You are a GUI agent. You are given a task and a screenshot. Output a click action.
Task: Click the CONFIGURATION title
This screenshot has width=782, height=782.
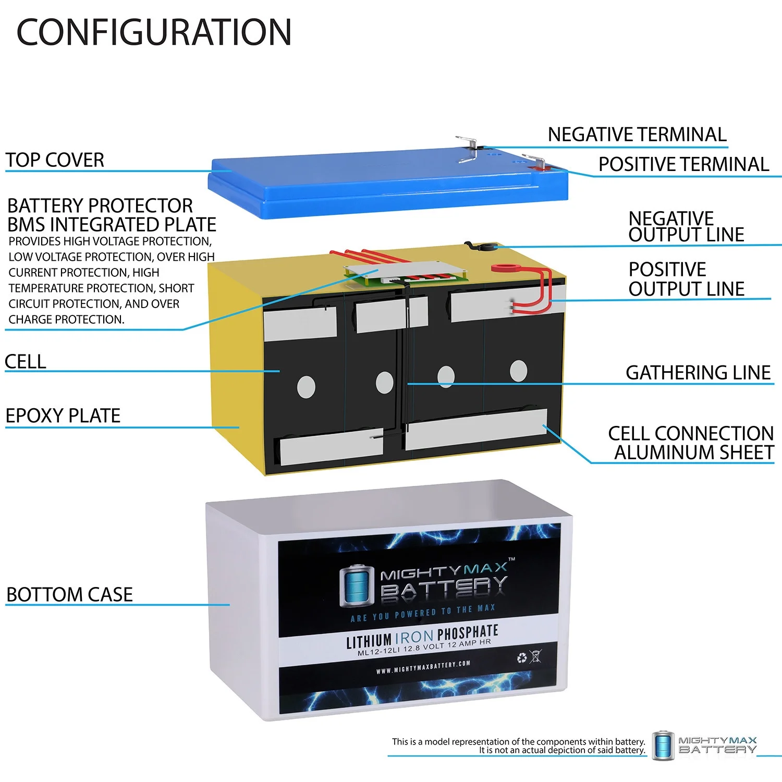(154, 32)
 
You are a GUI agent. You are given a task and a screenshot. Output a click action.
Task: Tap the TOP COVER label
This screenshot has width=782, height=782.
(55, 160)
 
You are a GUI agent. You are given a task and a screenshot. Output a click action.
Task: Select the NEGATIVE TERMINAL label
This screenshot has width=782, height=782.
(637, 135)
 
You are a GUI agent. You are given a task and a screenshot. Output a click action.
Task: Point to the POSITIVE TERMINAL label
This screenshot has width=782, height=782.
(683, 164)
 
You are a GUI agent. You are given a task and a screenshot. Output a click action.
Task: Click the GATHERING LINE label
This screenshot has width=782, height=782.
(698, 372)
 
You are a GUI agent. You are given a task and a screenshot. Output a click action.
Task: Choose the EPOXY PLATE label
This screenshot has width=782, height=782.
(63, 416)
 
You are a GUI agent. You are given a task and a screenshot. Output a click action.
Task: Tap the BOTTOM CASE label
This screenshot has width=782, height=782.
(69, 594)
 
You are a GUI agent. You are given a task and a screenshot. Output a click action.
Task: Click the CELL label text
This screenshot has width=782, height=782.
(25, 361)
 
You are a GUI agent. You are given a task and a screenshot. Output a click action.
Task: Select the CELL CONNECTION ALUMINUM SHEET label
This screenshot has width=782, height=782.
(691, 443)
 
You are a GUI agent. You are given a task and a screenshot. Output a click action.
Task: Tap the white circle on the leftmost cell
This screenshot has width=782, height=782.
(306, 387)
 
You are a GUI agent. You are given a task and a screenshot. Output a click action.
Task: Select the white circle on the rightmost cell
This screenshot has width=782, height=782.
(518, 371)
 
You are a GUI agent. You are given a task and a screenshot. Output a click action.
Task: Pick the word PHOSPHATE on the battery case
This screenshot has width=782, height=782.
(468, 633)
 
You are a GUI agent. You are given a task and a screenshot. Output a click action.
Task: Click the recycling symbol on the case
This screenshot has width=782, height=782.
(522, 658)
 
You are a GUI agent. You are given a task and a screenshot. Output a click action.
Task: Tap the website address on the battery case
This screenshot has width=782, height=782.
(423, 667)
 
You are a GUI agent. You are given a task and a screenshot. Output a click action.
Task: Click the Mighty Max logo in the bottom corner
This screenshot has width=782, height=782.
(704, 744)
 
